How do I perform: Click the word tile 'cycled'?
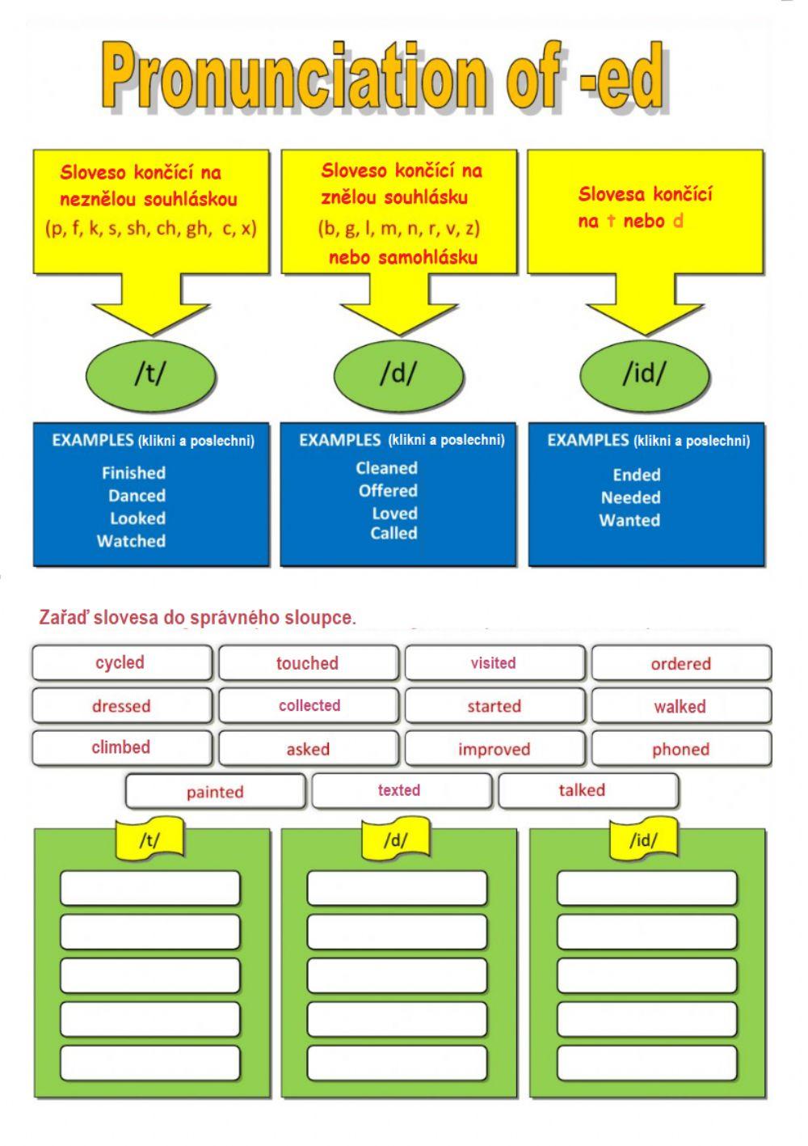[121, 662]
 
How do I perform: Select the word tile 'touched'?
[308, 663]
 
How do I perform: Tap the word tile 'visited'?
[494, 663]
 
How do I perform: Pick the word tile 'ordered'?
[680, 664]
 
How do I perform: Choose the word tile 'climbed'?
[121, 748]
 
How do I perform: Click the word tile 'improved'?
[494, 749]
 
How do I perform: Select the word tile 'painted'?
[215, 792]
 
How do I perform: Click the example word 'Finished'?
[133, 473]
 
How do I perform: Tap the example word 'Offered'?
[388, 491]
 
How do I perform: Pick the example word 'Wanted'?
[629, 520]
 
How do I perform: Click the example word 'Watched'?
[131, 541]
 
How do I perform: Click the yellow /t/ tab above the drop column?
[150, 840]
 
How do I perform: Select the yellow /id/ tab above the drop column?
[643, 840]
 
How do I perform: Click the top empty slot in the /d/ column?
[398, 888]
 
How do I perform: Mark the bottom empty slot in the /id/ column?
[646, 1063]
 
